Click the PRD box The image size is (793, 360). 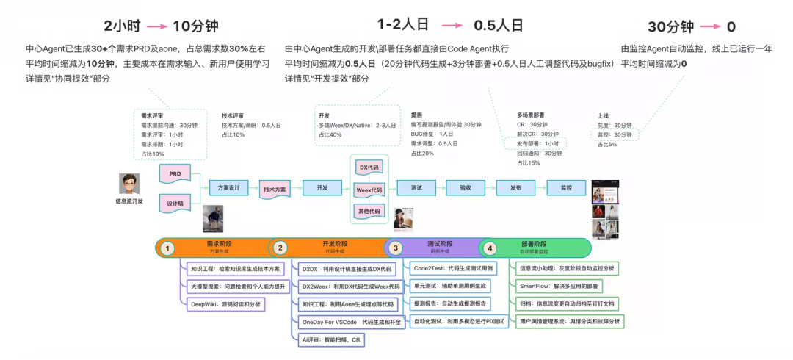pos(175,173)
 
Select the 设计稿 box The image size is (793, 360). pos(175,202)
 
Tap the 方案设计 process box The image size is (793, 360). pos(229,188)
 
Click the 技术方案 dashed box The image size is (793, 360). pos(275,190)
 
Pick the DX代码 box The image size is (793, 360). pos(369,168)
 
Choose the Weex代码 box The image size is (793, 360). pos(369,190)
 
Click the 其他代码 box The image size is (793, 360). pos(369,212)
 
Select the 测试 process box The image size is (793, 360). pos(416,188)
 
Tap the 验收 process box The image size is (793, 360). pos(466,188)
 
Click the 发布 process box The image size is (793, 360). pos(515,188)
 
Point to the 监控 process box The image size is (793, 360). pos(566,188)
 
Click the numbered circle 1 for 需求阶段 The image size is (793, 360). pos(167,248)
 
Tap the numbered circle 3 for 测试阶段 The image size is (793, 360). pos(396,248)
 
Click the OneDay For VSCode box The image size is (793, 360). pos(348,321)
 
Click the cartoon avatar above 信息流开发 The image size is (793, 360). pos(129,183)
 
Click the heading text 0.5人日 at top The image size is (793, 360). pos(498,25)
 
